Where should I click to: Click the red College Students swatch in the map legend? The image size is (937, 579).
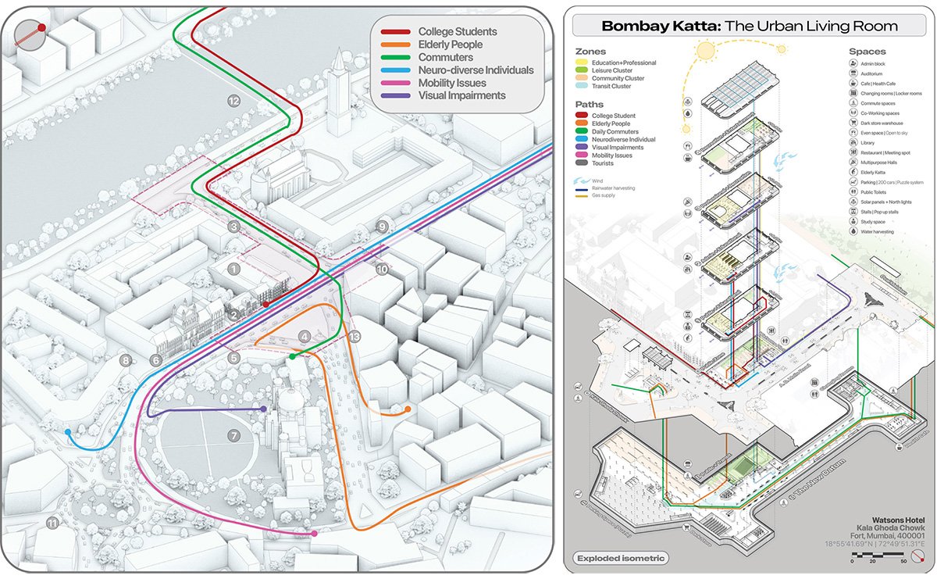click(396, 32)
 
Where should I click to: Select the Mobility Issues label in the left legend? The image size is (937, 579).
click(451, 83)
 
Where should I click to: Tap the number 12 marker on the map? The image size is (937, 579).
click(233, 101)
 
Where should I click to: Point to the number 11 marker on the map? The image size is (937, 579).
click(52, 523)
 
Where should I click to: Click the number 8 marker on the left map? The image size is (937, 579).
click(125, 360)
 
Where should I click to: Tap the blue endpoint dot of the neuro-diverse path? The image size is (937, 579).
click(69, 431)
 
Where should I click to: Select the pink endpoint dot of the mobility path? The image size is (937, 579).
click(314, 534)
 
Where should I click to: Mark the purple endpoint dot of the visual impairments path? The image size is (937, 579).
click(264, 409)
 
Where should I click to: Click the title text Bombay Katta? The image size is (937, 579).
click(647, 27)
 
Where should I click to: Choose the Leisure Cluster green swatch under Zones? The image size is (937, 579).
click(583, 70)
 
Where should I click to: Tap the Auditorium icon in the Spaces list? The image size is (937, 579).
click(854, 73)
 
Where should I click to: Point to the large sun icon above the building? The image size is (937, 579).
click(707, 52)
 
